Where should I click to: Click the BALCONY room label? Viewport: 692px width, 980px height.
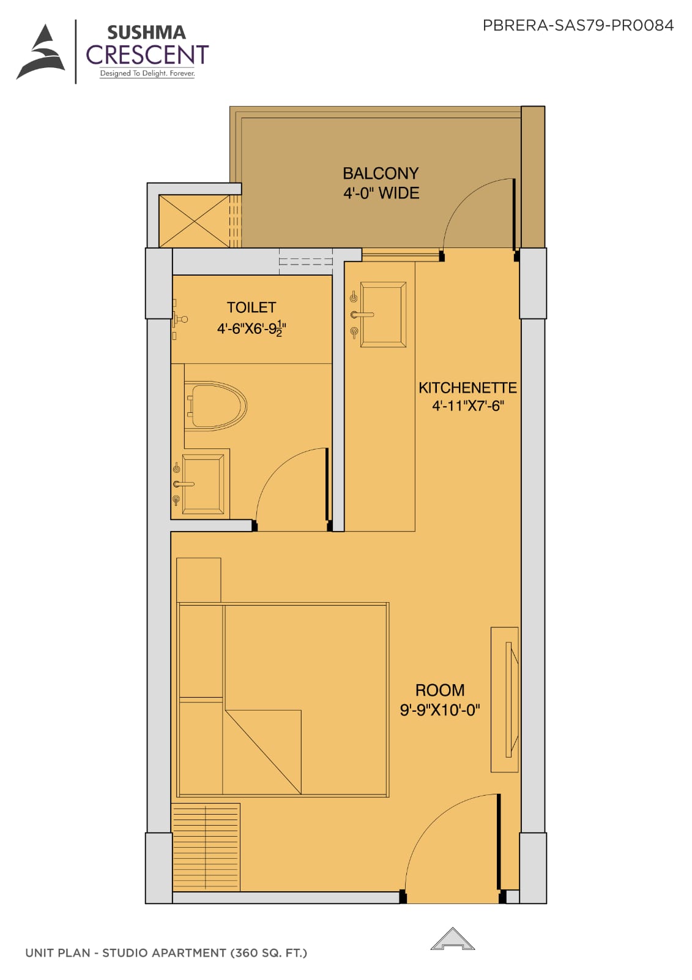pos(381,173)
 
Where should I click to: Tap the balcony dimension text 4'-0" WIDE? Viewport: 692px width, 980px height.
pos(381,193)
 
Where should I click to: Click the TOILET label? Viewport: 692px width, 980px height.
pos(251,307)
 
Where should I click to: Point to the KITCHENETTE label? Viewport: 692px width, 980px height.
pos(467,388)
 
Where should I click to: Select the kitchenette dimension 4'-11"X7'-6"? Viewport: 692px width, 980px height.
pos(467,406)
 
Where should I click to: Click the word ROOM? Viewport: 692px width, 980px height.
pos(440,690)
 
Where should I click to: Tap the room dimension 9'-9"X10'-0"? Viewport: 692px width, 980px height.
pos(440,709)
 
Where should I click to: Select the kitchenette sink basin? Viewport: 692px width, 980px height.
pos(383,315)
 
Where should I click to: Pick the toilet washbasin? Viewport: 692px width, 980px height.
pos(203,484)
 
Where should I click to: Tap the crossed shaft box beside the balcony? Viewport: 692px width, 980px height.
pos(194,221)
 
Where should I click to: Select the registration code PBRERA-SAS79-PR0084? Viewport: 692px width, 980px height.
pos(578,25)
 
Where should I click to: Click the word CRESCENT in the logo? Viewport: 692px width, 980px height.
pos(147,55)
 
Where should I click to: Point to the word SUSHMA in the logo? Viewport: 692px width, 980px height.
pos(146,33)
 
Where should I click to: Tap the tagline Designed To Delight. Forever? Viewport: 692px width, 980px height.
pos(147,73)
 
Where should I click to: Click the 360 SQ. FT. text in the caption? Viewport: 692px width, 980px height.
pos(269,953)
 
